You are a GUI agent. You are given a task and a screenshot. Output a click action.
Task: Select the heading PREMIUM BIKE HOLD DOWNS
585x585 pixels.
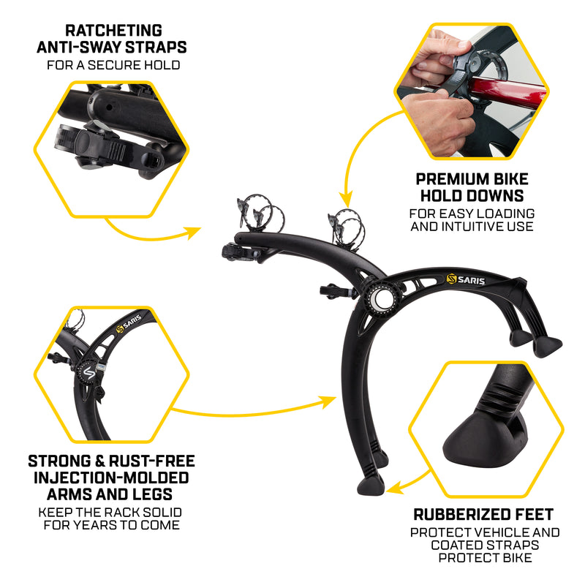tap(472, 188)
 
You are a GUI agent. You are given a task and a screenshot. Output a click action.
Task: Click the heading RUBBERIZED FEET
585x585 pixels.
tap(483, 514)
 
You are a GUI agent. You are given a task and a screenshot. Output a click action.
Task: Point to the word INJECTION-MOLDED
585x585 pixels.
tap(111, 478)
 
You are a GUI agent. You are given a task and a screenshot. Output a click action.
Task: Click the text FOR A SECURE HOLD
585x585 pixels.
tap(113, 65)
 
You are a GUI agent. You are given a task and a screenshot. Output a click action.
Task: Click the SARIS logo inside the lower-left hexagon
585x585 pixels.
tap(127, 325)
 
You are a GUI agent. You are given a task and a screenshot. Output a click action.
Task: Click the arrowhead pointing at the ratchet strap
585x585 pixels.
tap(193, 233)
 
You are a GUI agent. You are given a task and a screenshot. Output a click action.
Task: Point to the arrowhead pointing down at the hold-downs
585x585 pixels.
tap(347, 197)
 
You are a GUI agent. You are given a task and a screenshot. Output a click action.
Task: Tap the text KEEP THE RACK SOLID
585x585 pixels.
tap(111, 513)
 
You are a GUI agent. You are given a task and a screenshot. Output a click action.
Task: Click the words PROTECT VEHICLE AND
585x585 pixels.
tap(485, 532)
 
